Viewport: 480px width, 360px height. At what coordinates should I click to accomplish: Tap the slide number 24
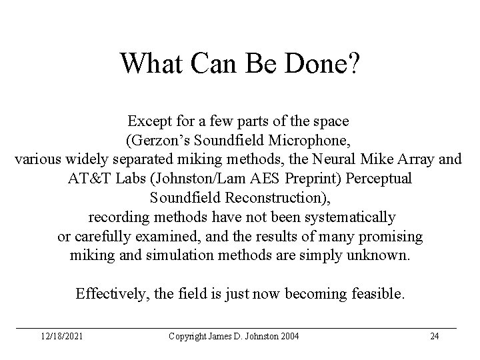[435, 336]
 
